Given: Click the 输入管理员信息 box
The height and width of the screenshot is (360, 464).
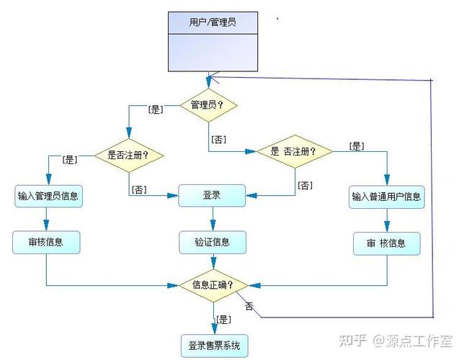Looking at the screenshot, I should (48, 195).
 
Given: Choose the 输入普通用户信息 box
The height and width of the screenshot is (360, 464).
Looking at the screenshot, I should (387, 196).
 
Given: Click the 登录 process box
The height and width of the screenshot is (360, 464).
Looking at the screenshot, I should (212, 195).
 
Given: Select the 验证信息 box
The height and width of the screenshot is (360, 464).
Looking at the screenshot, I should (212, 243).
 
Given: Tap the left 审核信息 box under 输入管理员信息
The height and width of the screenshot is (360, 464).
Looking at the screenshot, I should (46, 243).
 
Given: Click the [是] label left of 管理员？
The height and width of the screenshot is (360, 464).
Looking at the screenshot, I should (155, 110).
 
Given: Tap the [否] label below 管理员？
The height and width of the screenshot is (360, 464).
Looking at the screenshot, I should (219, 138).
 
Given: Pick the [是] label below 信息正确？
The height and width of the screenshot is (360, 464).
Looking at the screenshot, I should (223, 319).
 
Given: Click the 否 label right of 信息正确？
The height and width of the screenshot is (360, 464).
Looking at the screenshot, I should (249, 306).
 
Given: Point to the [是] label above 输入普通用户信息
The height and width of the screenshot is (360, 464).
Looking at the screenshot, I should (356, 146).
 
